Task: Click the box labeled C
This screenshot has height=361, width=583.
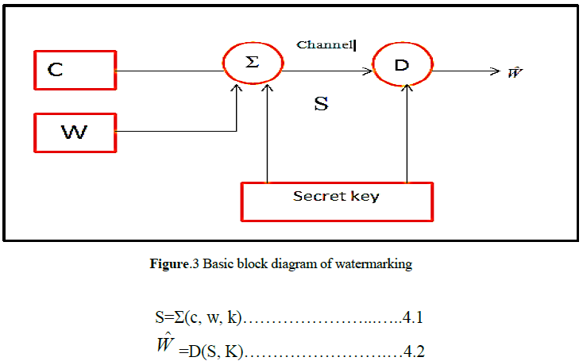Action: click(x=75, y=70)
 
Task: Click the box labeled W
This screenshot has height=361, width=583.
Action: click(x=75, y=132)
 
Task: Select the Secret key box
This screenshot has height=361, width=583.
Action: click(x=338, y=201)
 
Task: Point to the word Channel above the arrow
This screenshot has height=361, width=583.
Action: click(x=325, y=45)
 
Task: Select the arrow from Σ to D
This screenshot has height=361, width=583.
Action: click(x=327, y=71)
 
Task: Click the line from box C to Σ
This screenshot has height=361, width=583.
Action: click(x=170, y=71)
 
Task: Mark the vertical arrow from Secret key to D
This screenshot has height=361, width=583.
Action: click(x=407, y=135)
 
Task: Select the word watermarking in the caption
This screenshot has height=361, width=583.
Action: click(x=376, y=265)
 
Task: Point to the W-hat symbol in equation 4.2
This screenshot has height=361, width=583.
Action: click(x=165, y=345)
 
